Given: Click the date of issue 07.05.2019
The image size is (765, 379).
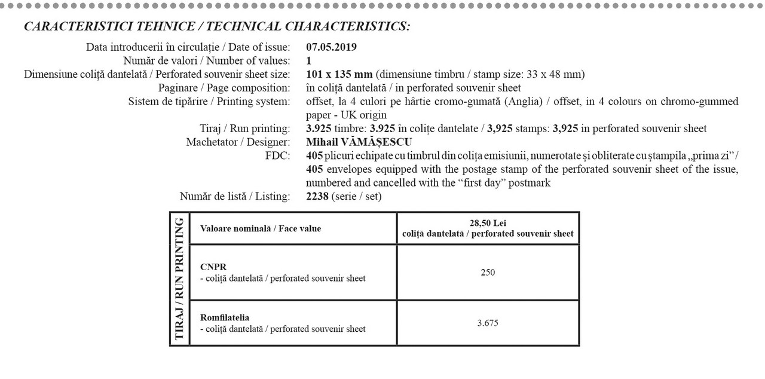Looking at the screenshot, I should pos(331,47).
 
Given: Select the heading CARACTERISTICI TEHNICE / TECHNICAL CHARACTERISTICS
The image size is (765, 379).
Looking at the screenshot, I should pos(217,27).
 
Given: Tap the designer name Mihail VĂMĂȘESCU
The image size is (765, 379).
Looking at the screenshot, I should pos(359,142).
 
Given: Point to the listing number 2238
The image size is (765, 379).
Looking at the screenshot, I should pos(317,196).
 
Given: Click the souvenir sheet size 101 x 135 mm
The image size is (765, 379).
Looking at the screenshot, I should pos(339,75).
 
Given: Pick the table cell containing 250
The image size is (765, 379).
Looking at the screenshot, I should pos(488,273).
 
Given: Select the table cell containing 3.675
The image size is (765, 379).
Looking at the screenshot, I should pos(488,323).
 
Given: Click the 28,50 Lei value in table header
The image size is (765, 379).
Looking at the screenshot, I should pos(488,223).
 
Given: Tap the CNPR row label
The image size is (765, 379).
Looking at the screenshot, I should pos(213,267).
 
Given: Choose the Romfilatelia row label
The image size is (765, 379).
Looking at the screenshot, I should pos(225,317).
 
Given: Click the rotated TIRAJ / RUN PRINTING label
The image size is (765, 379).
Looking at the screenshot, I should pos(179,279).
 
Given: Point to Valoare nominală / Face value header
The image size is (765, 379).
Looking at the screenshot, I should pos(261,228).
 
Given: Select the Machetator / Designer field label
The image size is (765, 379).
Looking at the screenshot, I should pos(238,142).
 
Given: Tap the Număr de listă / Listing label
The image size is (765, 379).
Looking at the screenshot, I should pos(235,196).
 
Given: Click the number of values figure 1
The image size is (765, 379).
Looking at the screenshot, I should pos(308,61).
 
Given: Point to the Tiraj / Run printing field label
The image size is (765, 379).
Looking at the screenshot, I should pos(245,129).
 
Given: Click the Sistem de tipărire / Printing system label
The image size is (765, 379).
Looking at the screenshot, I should pos(209,102).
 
